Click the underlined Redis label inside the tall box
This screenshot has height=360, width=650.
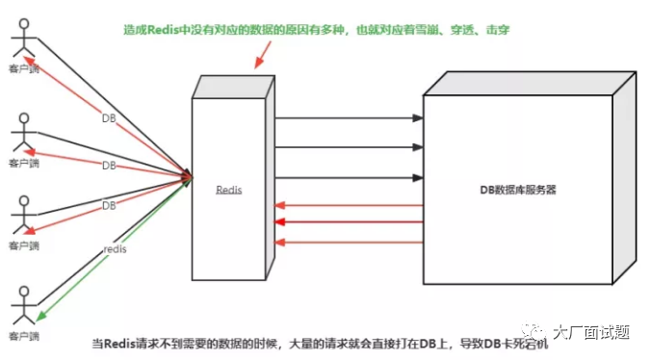tap(229, 191)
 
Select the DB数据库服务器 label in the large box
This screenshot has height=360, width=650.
tap(518, 191)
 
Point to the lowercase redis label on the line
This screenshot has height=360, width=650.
tap(115, 249)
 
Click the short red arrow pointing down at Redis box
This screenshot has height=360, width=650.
tap(259, 57)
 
